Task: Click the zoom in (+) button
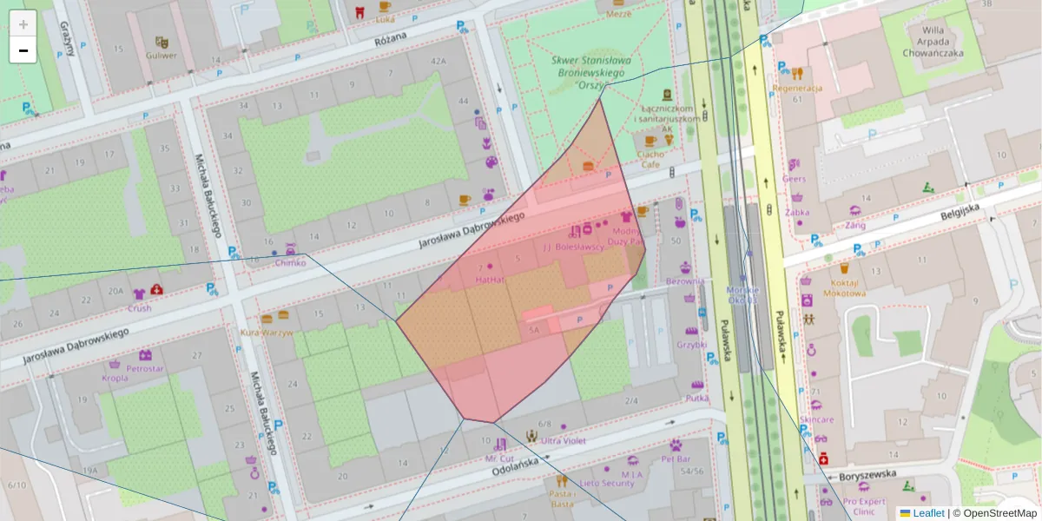point(23,24)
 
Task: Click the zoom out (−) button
point(23,50)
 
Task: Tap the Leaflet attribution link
point(928,513)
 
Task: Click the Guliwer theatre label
point(162,55)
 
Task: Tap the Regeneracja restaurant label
point(796,88)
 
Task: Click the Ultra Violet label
point(564,440)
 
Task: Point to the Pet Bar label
point(676,458)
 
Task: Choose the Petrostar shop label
point(144,367)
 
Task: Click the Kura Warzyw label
point(266,333)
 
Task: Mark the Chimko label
point(291,262)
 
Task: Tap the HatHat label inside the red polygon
point(490,280)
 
